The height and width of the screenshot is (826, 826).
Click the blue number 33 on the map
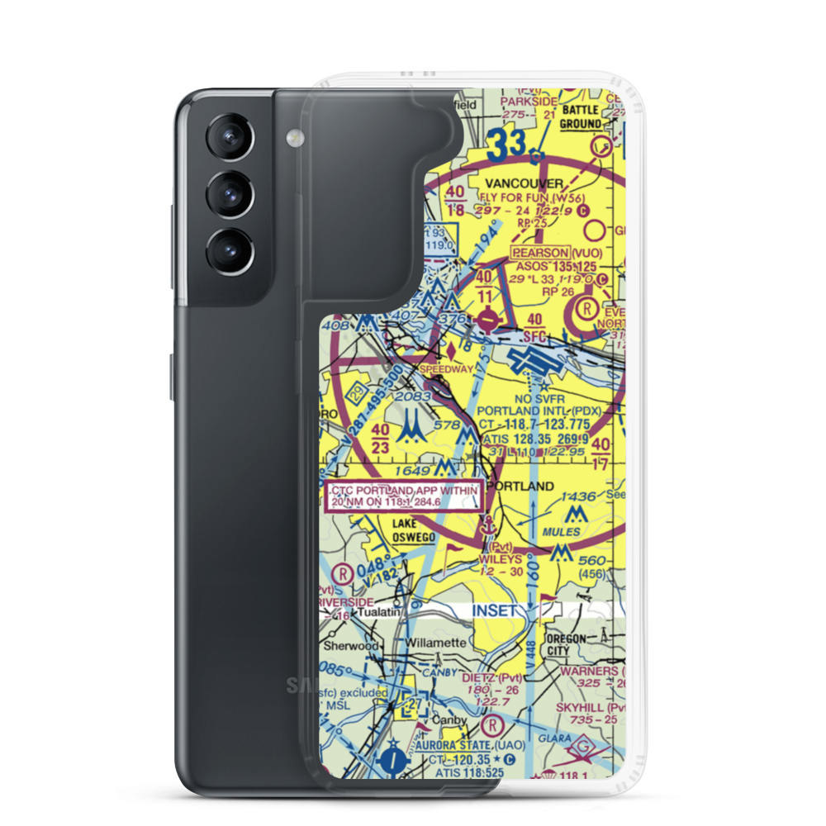click(505, 145)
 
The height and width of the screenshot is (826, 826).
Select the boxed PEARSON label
click(540, 253)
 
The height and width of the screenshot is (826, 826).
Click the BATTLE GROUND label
click(581, 117)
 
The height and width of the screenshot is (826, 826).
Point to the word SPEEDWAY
click(447, 369)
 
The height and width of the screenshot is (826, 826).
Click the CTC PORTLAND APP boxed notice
click(402, 497)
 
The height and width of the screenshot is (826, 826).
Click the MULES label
click(562, 533)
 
